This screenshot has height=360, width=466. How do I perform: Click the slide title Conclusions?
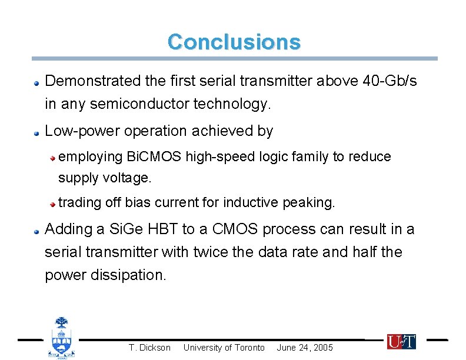(x=234, y=42)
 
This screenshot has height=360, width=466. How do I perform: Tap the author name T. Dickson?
(x=149, y=348)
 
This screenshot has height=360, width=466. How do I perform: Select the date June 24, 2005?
(x=305, y=348)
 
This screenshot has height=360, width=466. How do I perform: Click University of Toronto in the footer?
(x=224, y=348)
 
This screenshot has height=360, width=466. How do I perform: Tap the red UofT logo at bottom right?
(x=401, y=341)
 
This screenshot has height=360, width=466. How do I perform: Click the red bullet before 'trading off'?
(x=53, y=204)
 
